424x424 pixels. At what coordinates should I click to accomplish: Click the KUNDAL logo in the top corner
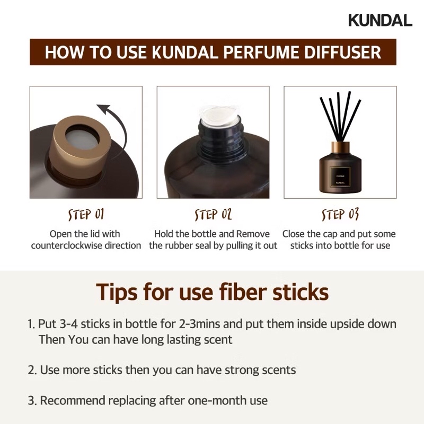click(380, 20)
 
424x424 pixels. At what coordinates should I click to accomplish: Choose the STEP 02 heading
click(213, 214)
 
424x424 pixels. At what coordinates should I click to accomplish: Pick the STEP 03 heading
click(340, 214)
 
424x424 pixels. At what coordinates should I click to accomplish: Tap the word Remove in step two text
click(252, 234)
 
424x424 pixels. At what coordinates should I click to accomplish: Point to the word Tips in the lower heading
click(118, 291)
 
